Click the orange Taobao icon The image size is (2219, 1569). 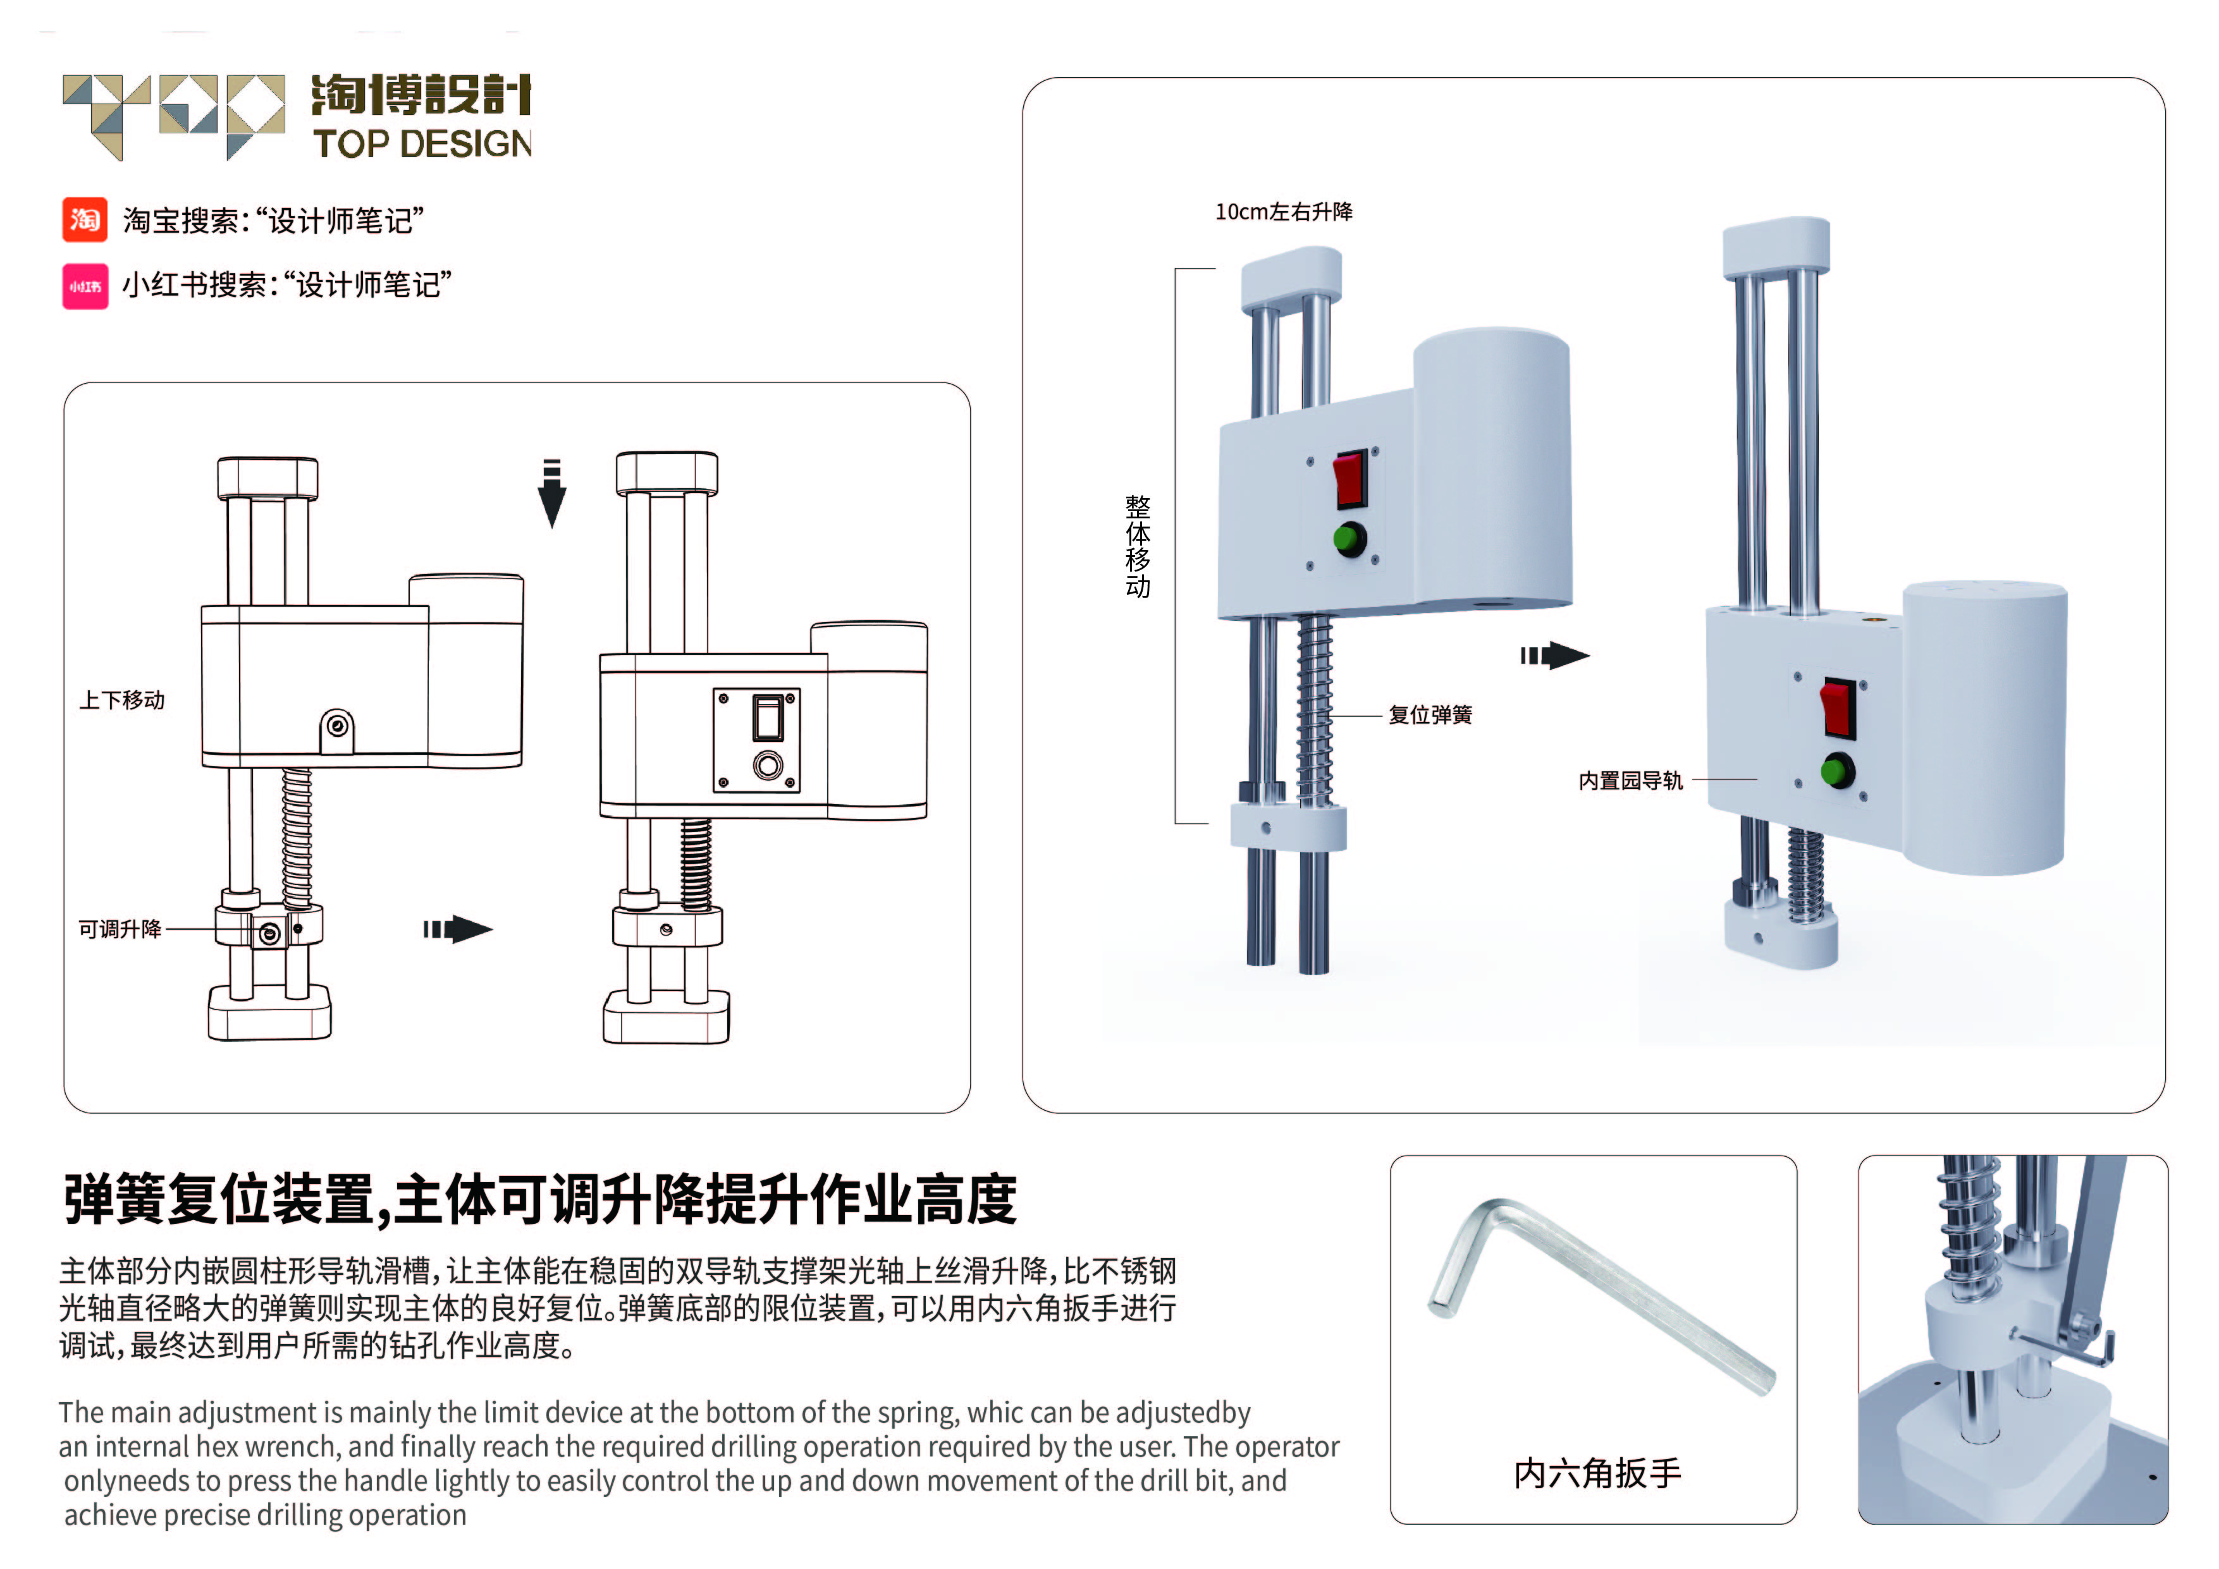click(85, 219)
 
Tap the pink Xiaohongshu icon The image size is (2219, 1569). click(85, 286)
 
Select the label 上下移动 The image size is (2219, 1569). click(122, 700)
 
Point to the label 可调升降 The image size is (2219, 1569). click(120, 929)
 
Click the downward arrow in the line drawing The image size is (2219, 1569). click(552, 494)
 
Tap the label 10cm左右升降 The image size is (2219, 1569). click(1284, 212)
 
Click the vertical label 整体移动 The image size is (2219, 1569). click(1138, 546)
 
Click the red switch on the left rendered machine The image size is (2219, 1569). click(1350, 479)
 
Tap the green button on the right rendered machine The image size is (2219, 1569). click(1836, 772)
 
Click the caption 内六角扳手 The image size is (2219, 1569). click(1597, 1472)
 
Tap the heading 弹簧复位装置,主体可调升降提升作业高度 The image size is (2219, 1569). click(539, 1199)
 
